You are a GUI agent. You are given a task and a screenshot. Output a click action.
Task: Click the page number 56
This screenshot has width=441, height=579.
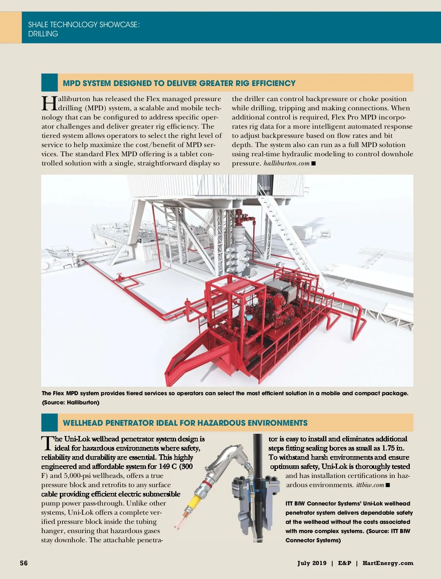pyautogui.click(x=24, y=563)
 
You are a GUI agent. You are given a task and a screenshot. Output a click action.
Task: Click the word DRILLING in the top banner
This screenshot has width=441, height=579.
pyautogui.click(x=43, y=34)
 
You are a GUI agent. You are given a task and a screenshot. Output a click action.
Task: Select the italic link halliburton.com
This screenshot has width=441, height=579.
pyautogui.click(x=286, y=163)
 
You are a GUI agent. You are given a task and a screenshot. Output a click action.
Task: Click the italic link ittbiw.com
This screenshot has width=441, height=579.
pyautogui.click(x=370, y=485)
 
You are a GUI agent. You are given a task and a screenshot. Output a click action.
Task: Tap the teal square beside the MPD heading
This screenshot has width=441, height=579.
pyautogui.click(x=50, y=83)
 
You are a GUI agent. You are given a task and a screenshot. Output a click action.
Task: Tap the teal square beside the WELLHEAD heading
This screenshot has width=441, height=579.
pyautogui.click(x=50, y=422)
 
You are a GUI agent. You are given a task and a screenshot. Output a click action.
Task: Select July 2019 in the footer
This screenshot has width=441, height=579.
pyautogui.click(x=312, y=563)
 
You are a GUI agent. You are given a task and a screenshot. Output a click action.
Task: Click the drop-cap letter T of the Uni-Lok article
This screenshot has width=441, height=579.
pyautogui.click(x=47, y=443)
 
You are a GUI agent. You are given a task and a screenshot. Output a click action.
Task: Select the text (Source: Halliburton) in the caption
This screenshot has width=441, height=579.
pyautogui.click(x=71, y=403)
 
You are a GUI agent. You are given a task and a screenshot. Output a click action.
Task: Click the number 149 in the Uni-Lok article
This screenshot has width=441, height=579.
pyautogui.click(x=164, y=467)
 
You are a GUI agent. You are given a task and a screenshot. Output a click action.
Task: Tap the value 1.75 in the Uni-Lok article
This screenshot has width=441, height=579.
pyautogui.click(x=388, y=448)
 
